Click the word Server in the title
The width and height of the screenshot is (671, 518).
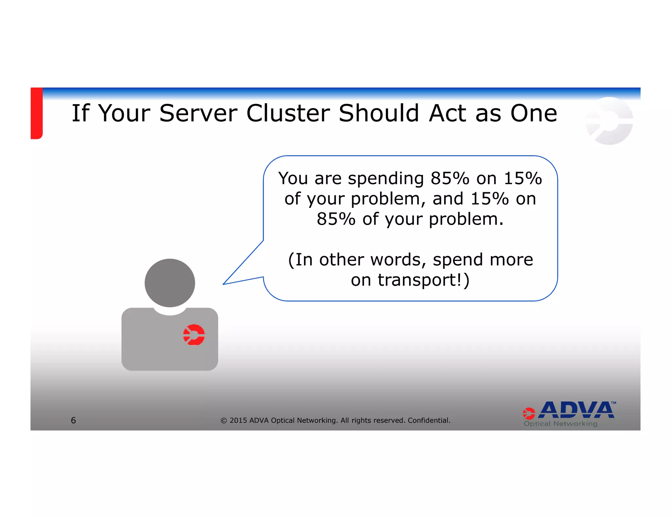point(198,113)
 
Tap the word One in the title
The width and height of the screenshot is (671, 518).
point(533,113)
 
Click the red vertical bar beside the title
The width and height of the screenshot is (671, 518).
point(37,113)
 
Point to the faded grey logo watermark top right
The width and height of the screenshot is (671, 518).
point(609,121)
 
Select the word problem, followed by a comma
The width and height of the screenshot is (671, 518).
point(388,199)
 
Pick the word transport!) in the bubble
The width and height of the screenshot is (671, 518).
point(423,280)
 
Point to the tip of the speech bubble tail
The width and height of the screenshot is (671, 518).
point(224,284)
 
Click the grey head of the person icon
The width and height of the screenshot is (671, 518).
point(170,283)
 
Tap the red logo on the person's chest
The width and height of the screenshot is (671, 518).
point(194,335)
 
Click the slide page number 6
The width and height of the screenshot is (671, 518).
point(73,420)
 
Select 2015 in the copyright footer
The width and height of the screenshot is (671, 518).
point(238,420)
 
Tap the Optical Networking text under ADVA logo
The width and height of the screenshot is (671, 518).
point(560,424)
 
